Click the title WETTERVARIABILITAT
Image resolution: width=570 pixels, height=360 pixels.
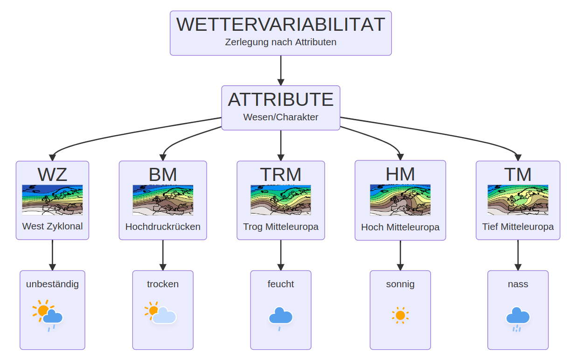pyautogui.click(x=280, y=24)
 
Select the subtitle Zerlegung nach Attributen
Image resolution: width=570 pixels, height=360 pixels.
pyautogui.click(x=280, y=42)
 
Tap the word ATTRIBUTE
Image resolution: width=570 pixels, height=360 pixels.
pyautogui.click(x=280, y=99)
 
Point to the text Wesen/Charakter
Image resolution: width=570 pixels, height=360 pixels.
pyautogui.click(x=280, y=117)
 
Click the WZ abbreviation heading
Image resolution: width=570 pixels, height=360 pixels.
pyautogui.click(x=52, y=174)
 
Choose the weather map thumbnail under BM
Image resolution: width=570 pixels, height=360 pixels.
pyautogui.click(x=163, y=200)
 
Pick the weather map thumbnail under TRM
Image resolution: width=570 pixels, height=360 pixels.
pyautogui.click(x=280, y=200)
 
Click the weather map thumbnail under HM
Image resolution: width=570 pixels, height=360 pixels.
pyautogui.click(x=400, y=200)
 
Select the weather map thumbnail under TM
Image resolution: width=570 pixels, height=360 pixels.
pyautogui.click(x=518, y=200)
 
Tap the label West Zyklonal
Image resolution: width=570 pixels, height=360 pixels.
pyautogui.click(x=52, y=227)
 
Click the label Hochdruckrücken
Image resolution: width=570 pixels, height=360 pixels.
pyautogui.click(x=163, y=227)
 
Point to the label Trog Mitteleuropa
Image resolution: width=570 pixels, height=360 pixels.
pyautogui.click(x=280, y=227)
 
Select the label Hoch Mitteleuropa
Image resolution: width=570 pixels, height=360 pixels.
pyautogui.click(x=400, y=228)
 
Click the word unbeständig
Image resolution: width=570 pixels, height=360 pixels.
pyautogui.click(x=52, y=284)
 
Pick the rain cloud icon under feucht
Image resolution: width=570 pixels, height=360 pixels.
pyautogui.click(x=280, y=317)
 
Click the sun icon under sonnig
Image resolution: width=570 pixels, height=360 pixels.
pyautogui.click(x=400, y=315)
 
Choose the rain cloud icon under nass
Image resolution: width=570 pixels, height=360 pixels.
pyautogui.click(x=518, y=317)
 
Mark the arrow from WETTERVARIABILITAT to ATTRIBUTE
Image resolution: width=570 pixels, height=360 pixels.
pyautogui.click(x=281, y=70)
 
